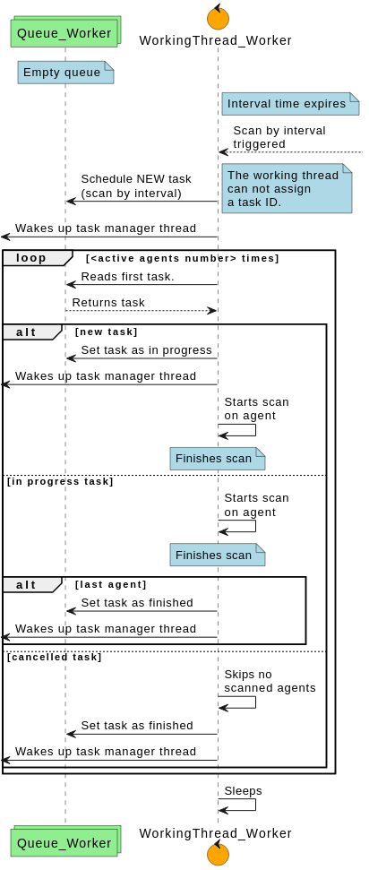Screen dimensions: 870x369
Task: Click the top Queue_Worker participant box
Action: [64, 32]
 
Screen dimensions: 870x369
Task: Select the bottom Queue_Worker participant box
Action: [64, 842]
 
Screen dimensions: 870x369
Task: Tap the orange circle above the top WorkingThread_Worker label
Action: [218, 17]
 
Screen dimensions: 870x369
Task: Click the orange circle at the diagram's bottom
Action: [218, 854]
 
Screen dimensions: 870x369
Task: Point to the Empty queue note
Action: [64, 73]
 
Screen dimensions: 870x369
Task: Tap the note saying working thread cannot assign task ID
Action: [286, 189]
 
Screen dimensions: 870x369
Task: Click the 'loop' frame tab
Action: [32, 258]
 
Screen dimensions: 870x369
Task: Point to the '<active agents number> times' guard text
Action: [183, 259]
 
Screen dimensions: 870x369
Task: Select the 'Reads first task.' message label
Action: [127, 277]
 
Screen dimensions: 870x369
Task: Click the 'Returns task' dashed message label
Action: [108, 303]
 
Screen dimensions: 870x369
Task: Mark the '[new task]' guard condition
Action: [107, 332]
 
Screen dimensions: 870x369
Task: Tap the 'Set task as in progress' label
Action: [146, 350]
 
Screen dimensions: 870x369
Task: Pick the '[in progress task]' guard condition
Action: [60, 482]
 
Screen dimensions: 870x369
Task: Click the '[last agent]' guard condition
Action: [111, 585]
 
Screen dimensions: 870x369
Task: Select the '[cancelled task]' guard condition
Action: [55, 658]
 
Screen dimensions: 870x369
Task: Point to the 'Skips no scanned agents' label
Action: [270, 681]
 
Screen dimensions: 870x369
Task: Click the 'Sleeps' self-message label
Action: [243, 791]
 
